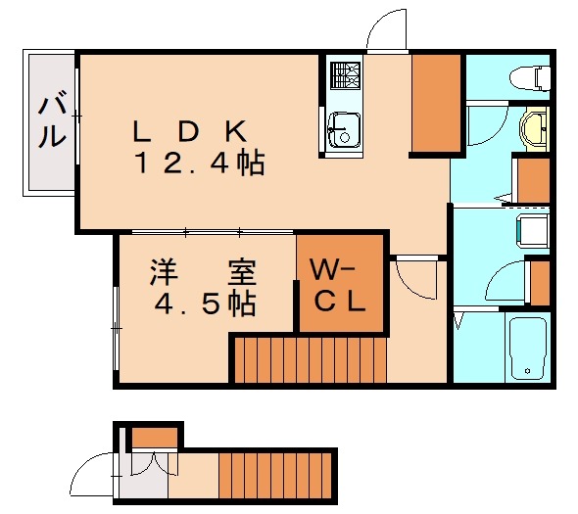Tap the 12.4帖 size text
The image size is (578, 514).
coord(200,164)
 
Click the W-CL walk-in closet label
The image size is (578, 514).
coord(337,284)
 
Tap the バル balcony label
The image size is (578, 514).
coord(52,122)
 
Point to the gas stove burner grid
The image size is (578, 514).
coord(345,75)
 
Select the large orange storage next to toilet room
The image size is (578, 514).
coord(436,103)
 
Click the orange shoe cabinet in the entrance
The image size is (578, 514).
coord(154,437)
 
